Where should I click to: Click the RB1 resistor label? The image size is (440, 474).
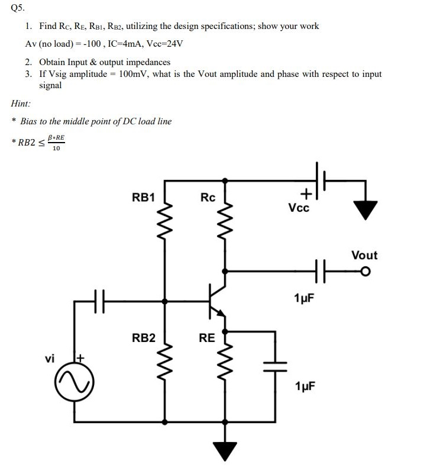click(143, 197)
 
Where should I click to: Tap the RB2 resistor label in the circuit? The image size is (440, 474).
click(143, 338)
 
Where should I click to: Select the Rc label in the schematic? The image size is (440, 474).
click(208, 197)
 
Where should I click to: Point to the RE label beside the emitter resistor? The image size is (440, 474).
click(207, 338)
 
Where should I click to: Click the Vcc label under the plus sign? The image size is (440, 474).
click(299, 208)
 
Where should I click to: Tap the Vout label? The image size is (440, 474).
click(364, 255)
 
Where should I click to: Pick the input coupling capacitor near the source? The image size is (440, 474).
click(99, 301)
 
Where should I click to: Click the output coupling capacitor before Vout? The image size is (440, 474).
click(321, 271)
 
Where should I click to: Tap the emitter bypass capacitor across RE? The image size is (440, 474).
click(275, 362)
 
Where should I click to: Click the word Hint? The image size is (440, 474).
click(21, 104)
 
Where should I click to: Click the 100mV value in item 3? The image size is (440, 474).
click(133, 74)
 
